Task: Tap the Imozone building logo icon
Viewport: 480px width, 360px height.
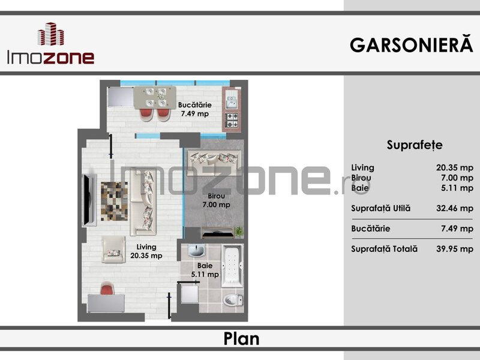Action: [x=51, y=34]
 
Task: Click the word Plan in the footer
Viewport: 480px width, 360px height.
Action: [x=241, y=338]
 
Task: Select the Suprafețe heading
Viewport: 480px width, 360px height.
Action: [x=415, y=145]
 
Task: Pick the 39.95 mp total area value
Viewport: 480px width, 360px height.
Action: [x=455, y=249]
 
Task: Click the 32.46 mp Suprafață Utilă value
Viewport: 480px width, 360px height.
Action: [x=455, y=208]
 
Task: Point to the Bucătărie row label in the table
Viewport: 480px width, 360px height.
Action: [x=370, y=229]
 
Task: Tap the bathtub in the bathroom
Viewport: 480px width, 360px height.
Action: [x=232, y=266]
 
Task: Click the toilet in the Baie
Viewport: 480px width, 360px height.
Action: [x=233, y=299]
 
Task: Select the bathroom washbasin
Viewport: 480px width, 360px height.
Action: [x=196, y=251]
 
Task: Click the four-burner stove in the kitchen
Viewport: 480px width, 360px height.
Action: [x=232, y=121]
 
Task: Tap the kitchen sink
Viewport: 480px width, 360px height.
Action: [x=232, y=98]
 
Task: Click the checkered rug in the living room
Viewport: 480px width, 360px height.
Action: [x=114, y=201]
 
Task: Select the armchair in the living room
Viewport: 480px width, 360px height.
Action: [x=113, y=249]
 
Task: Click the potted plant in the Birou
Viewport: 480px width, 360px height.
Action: [x=238, y=232]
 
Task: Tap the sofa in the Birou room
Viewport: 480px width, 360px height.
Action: [x=214, y=163]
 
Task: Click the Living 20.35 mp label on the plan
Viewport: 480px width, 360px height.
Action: [x=146, y=251]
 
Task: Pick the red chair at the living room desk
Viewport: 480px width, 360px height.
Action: [x=107, y=289]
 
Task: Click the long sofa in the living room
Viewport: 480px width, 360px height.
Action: [x=143, y=203]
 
